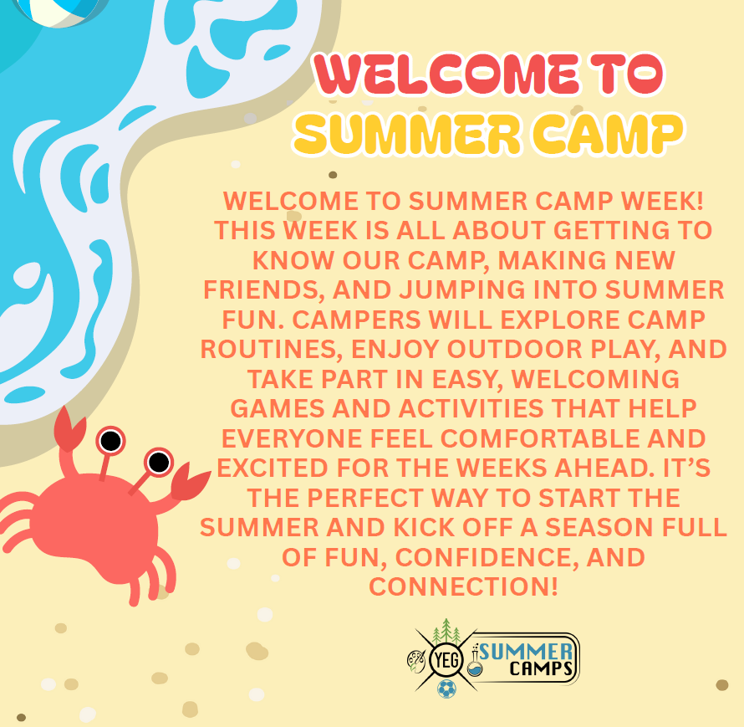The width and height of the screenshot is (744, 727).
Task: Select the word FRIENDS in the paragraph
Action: coord(264,290)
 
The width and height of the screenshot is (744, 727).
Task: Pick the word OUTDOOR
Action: coord(515,349)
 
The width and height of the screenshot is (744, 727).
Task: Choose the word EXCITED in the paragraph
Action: coord(272,468)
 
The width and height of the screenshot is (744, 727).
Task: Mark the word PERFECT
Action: coord(364,498)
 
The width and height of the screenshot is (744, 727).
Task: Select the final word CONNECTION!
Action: coord(464,587)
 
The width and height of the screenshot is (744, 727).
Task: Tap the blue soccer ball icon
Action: coord(446,689)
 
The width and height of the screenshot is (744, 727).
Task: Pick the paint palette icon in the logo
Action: coord(416,662)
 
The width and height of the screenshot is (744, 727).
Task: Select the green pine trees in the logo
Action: coord(446,631)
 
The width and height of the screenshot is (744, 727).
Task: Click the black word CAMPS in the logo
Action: coord(542,668)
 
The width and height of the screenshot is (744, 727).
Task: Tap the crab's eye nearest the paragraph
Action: coord(159,462)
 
